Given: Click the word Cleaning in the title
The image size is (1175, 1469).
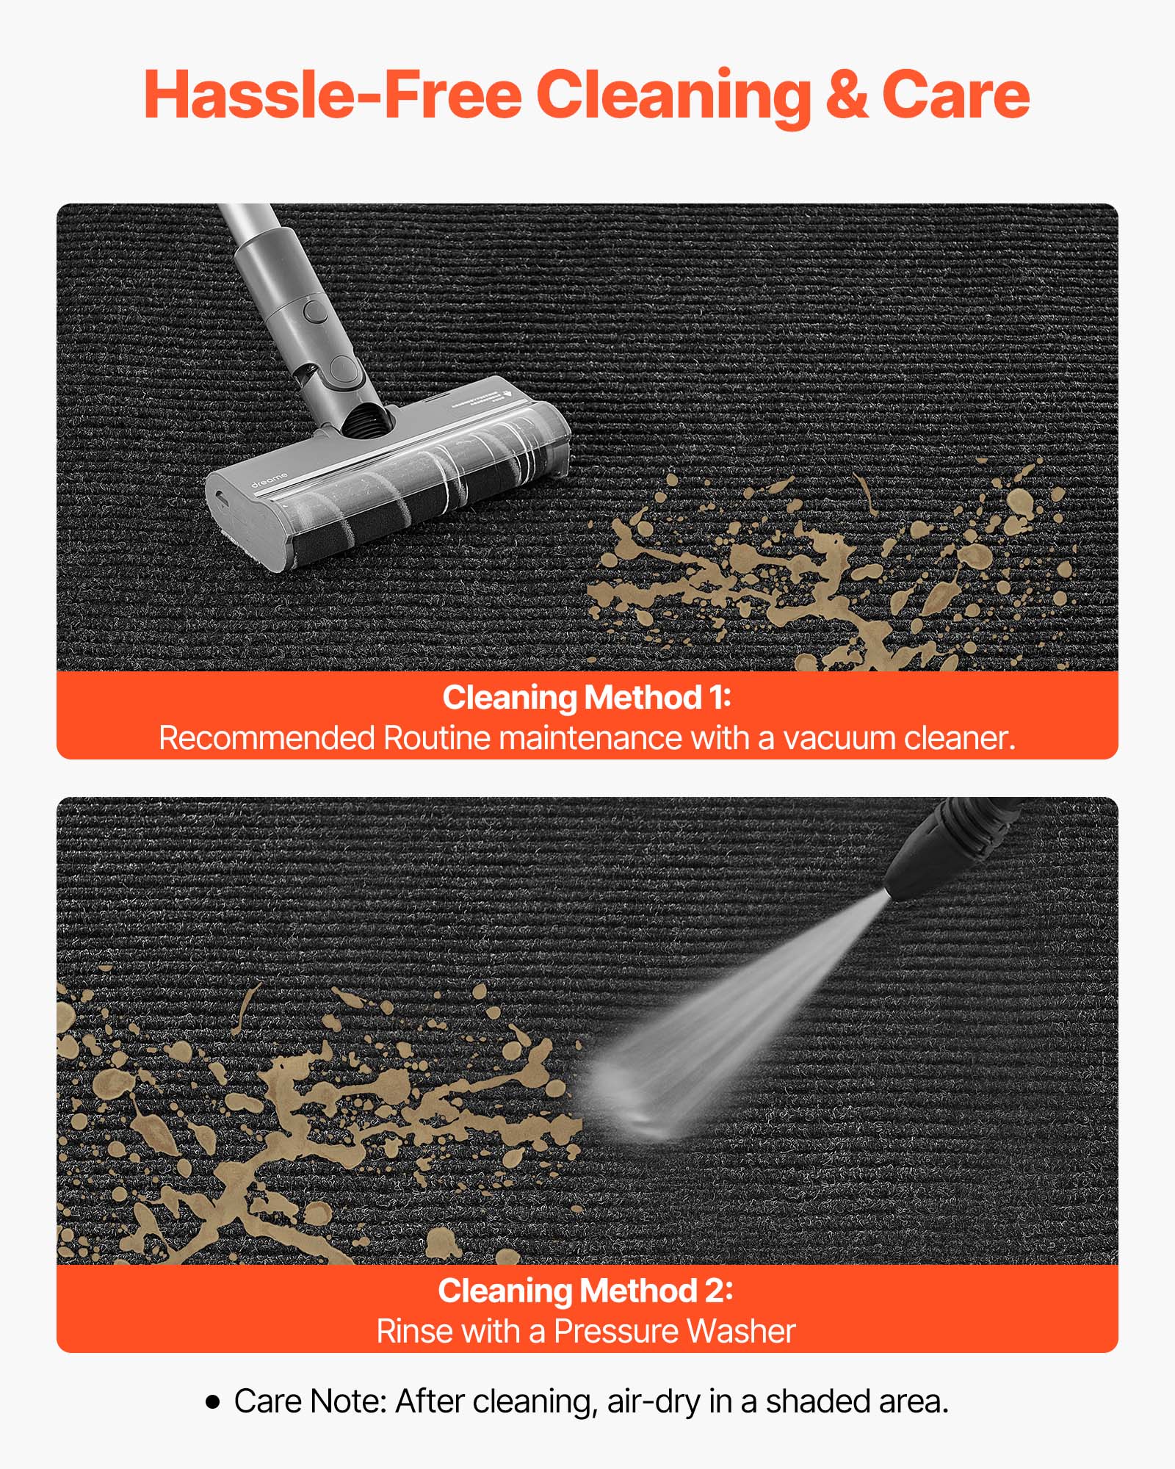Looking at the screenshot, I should (x=673, y=96).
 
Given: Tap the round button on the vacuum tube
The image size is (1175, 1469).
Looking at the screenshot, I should (x=317, y=310).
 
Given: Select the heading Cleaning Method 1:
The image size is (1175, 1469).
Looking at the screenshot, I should (x=587, y=698).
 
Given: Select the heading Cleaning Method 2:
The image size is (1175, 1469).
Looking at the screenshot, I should (x=585, y=1291).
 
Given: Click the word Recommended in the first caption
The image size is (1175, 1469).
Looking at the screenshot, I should (x=267, y=738).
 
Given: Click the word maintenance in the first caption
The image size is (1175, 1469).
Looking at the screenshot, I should (x=591, y=738).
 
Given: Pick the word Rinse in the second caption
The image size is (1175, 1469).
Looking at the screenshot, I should (x=405, y=1332).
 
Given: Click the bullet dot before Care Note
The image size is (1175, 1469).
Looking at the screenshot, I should (x=213, y=1402).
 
